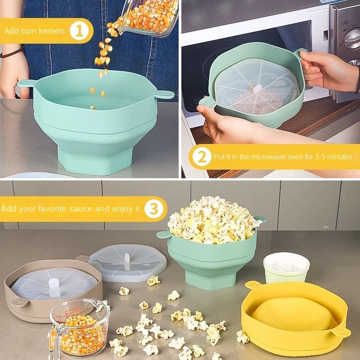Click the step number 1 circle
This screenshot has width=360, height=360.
(x=81, y=31)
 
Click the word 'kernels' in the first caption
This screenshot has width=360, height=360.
(x=54, y=31)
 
